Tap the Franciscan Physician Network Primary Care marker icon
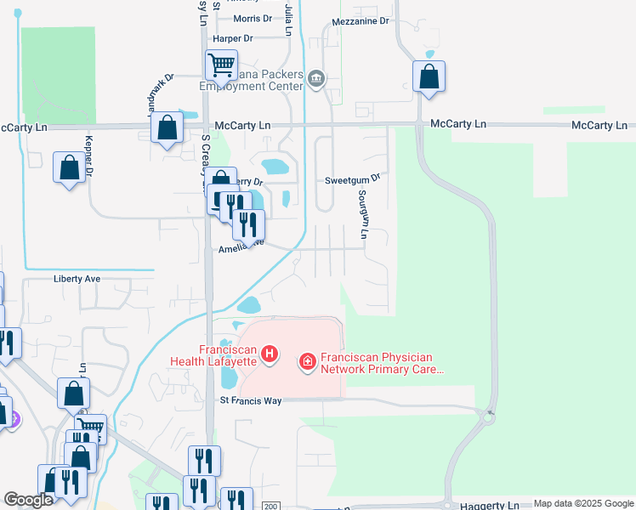coord(307,363)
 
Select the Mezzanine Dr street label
coord(361,20)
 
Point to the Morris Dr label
coord(253,18)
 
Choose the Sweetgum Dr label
coord(350,180)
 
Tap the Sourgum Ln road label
coord(363,213)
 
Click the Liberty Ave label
coord(77,279)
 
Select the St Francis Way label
coord(251,400)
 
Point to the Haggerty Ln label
coord(490,504)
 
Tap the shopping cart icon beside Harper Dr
coord(221,64)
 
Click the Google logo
coord(29,500)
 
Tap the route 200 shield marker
coord(270,506)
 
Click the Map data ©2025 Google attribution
coord(582,504)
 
